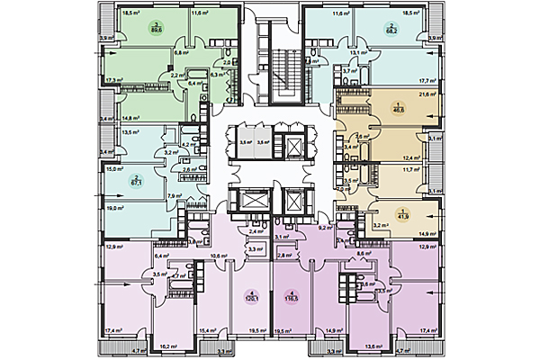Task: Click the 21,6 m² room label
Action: coord(427,94)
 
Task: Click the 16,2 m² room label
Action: coord(166,344)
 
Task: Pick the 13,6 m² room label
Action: coord(372,344)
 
